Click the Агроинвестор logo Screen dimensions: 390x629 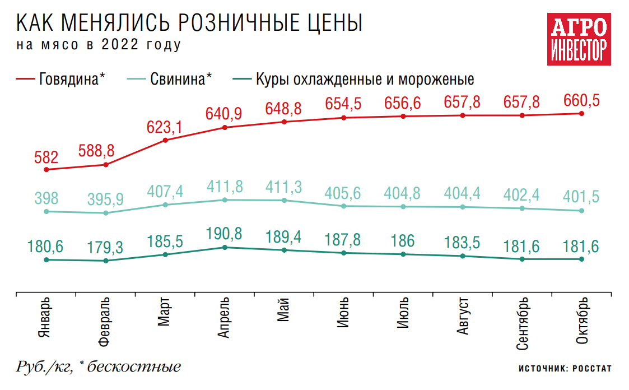click(579, 40)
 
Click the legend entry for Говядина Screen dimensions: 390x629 click(61, 78)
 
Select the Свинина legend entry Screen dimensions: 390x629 click(170, 78)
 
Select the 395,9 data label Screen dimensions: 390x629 click(105, 199)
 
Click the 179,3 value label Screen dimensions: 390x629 click(105, 247)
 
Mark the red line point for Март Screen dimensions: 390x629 click(165, 140)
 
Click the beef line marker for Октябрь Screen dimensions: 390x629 click(581, 113)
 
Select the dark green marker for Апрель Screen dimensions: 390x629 click(225, 247)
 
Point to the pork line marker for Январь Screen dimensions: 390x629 click(46, 211)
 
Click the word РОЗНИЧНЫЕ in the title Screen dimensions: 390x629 click(239, 24)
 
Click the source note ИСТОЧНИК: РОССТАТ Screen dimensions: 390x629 click(565, 369)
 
